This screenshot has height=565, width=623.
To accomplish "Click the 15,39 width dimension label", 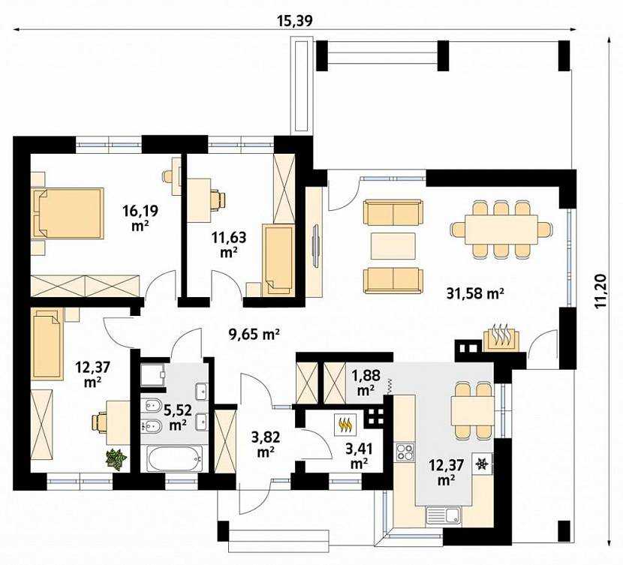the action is [x=295, y=21].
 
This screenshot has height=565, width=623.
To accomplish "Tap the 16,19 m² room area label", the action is [x=140, y=218].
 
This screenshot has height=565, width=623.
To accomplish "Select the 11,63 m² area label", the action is [x=229, y=244].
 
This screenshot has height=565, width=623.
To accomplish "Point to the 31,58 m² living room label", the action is [x=475, y=293].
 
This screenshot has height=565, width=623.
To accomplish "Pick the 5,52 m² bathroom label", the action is [x=179, y=417].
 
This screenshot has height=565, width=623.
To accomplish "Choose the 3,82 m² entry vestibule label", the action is [x=266, y=444].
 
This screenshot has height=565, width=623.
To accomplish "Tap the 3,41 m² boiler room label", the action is [x=359, y=456].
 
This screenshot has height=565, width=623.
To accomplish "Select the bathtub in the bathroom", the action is [x=174, y=458].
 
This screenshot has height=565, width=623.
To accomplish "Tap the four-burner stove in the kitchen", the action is [x=405, y=452].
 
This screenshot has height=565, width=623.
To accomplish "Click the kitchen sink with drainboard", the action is [x=443, y=515].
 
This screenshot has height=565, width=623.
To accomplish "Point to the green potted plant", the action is [x=116, y=459].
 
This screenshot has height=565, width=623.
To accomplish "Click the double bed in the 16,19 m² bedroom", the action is [x=69, y=214].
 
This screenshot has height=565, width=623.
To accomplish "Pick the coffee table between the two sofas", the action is [x=393, y=246].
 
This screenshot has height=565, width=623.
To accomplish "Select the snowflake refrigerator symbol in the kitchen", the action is [x=483, y=464].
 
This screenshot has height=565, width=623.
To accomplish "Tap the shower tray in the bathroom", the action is [x=153, y=374].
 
